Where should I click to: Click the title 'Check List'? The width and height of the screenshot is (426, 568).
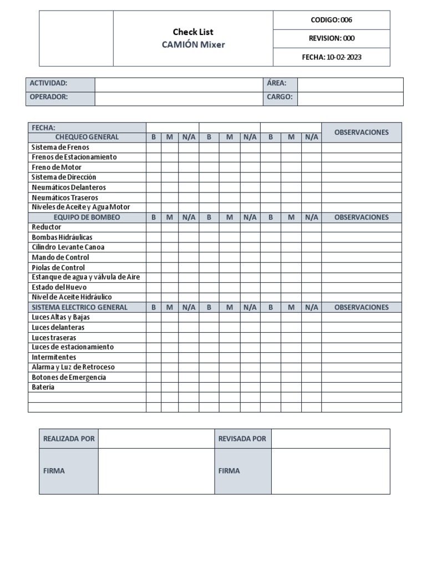click(193, 32)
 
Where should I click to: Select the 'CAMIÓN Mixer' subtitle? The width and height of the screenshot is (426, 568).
click(193, 45)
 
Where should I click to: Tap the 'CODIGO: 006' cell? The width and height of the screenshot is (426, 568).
click(331, 20)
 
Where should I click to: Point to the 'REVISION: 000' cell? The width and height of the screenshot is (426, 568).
click(331, 38)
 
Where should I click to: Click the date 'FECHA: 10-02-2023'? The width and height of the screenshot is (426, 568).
click(331, 57)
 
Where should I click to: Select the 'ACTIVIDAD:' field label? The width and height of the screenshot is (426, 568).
click(48, 83)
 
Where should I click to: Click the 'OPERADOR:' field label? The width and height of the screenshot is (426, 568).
click(49, 97)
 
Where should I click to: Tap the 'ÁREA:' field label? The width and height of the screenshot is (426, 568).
click(276, 83)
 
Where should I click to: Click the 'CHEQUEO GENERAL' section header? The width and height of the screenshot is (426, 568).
click(87, 137)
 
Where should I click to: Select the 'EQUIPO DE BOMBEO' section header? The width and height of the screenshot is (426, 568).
click(87, 217)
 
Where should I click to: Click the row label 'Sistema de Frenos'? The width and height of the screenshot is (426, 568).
click(60, 148)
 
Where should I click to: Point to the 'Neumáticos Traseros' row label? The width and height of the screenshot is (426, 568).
click(65, 197)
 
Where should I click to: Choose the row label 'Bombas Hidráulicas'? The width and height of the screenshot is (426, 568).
click(62, 237)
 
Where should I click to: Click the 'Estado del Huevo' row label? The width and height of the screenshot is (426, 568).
click(59, 287)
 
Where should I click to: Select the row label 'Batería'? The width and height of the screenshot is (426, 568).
click(43, 387)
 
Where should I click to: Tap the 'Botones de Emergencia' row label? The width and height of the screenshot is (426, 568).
click(69, 377)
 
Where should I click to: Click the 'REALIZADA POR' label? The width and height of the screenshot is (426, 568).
click(69, 439)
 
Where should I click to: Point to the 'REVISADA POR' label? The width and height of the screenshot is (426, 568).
click(242, 439)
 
